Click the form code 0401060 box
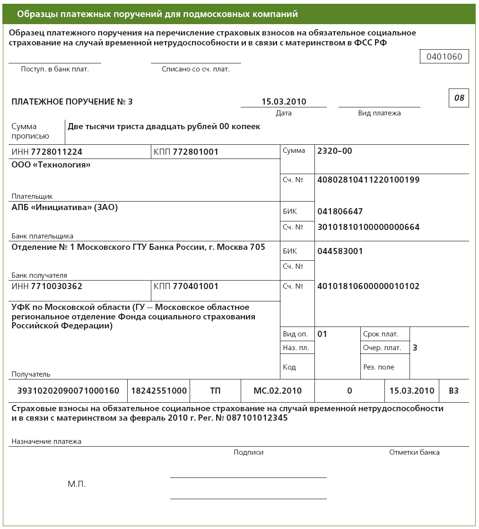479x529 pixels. click(444, 57)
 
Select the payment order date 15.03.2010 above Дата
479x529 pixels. click(284, 102)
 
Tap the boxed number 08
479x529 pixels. click(459, 98)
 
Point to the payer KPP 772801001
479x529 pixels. click(195, 152)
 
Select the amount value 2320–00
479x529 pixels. click(335, 151)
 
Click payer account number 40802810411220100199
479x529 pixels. click(368, 180)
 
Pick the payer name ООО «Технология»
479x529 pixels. click(51, 165)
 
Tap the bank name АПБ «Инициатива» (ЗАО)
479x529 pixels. click(64, 207)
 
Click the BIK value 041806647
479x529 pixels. click(340, 212)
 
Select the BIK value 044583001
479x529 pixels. click(340, 251)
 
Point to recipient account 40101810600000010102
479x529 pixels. click(368, 286)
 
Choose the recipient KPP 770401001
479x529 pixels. click(195, 286)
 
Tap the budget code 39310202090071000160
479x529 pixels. click(68, 391)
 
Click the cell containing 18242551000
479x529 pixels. click(159, 391)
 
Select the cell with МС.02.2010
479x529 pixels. click(278, 391)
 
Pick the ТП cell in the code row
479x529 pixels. click(215, 391)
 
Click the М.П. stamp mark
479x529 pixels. click(77, 485)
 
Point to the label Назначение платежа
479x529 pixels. click(46, 441)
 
